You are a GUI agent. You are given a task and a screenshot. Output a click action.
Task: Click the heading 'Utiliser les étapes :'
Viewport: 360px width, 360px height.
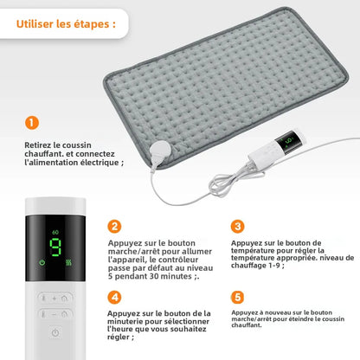click(66, 23)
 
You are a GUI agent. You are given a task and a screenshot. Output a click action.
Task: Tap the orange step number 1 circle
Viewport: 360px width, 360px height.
click(32, 124)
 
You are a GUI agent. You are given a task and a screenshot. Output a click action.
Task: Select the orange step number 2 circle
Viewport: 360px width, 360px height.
click(114, 227)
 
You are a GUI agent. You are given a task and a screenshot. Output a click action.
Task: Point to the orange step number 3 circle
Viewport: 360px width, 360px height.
click(238, 227)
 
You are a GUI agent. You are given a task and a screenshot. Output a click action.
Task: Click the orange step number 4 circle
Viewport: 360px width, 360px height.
click(114, 297)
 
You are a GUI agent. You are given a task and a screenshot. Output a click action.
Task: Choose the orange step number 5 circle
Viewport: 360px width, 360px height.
click(238, 297)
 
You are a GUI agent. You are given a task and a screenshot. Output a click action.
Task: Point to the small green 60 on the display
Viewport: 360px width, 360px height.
click(56, 233)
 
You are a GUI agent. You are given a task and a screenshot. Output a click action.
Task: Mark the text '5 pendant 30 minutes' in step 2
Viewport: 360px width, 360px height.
click(139, 276)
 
